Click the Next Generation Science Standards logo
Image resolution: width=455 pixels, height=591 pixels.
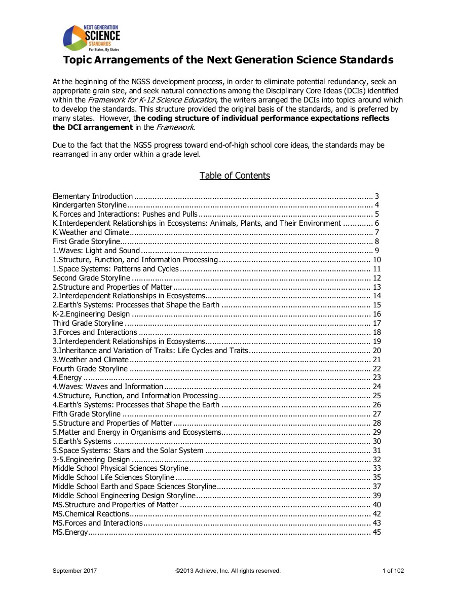click(91, 39)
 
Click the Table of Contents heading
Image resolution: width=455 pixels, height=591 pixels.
click(235, 176)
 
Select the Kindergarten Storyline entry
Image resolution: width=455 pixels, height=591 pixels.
click(90, 205)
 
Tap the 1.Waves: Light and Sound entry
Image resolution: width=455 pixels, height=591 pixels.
click(96, 251)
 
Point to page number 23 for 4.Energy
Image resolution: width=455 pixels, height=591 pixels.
click(376, 377)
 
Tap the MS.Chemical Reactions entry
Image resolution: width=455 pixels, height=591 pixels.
click(84, 514)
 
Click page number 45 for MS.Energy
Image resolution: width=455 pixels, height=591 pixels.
click(376, 532)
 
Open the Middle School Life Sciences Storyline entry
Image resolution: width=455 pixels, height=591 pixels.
click(113, 477)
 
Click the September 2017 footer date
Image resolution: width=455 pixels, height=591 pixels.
click(75, 571)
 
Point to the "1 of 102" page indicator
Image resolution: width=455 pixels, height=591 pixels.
click(393, 571)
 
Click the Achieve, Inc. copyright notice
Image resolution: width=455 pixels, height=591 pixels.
click(227, 571)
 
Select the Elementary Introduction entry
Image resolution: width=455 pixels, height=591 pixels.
click(93, 196)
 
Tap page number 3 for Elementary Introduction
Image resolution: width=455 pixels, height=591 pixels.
click(377, 196)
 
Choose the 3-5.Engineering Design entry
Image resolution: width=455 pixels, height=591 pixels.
click(91, 460)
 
